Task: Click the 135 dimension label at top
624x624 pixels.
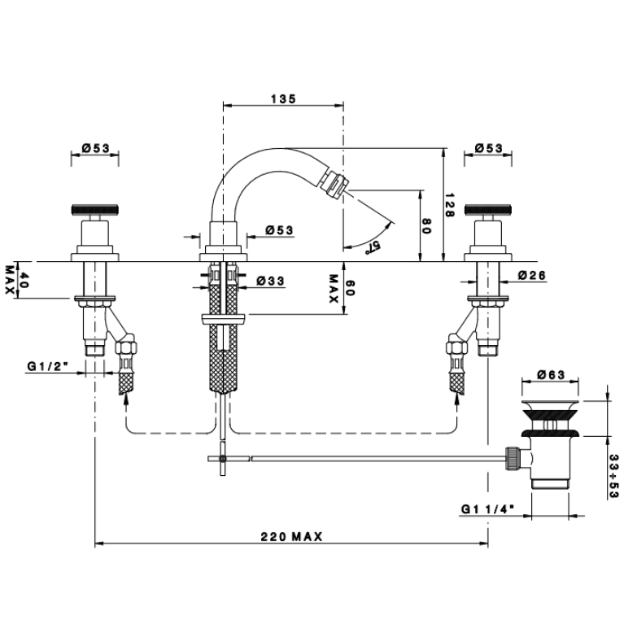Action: [x=284, y=98]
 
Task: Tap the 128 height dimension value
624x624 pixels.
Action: [x=449, y=205]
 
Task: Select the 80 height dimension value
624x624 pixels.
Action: [x=426, y=226]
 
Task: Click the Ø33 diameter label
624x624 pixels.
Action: [x=271, y=281]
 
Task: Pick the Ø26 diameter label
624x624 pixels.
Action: [x=532, y=275]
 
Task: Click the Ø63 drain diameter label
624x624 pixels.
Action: [x=551, y=375]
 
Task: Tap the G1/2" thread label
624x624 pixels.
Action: [x=48, y=366]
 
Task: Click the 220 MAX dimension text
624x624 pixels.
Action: [x=292, y=537]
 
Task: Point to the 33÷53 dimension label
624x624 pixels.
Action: [x=614, y=476]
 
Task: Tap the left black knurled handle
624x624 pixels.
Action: [x=95, y=210]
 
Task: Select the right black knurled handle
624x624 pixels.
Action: [x=488, y=210]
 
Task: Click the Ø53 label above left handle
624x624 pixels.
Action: [x=95, y=148]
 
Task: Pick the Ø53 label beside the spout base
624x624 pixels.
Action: [x=279, y=230]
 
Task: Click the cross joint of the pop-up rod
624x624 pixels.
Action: [x=223, y=459]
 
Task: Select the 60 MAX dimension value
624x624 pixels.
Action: [x=342, y=288]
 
